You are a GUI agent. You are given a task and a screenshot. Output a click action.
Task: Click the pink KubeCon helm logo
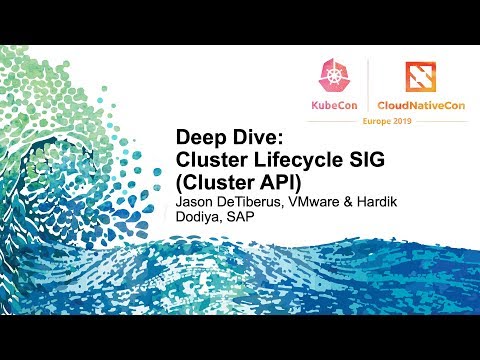pyautogui.click(x=333, y=77)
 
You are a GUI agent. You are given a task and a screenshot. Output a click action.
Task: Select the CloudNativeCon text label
pyautogui.click(x=418, y=104)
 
